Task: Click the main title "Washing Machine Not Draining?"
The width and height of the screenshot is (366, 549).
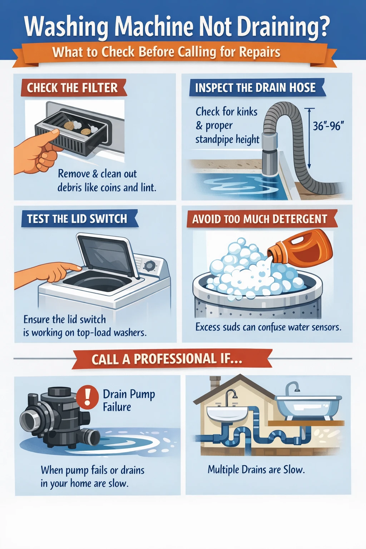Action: pyautogui.click(x=177, y=27)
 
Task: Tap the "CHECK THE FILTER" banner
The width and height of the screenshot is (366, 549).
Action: pyautogui.click(x=72, y=88)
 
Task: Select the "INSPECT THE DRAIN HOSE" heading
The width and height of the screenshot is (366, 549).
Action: pyautogui.click(x=255, y=88)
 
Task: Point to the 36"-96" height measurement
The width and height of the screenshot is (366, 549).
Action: pyautogui.click(x=328, y=126)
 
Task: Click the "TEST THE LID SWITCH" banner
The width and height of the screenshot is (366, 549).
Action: pyautogui.click(x=77, y=219)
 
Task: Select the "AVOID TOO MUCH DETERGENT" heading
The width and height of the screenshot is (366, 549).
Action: pyautogui.click(x=260, y=219)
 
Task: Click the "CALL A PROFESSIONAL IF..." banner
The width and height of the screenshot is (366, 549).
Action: pyautogui.click(x=167, y=359)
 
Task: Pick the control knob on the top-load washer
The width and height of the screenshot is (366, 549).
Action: pyautogui.click(x=149, y=265)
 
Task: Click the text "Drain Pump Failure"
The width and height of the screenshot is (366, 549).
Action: pyautogui.click(x=129, y=400)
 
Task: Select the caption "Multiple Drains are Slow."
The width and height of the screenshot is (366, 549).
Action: pyautogui.click(x=256, y=469)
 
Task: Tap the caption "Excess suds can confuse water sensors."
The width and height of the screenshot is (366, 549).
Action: pyautogui.click(x=268, y=327)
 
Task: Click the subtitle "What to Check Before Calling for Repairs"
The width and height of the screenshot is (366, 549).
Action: pyautogui.click(x=166, y=52)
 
